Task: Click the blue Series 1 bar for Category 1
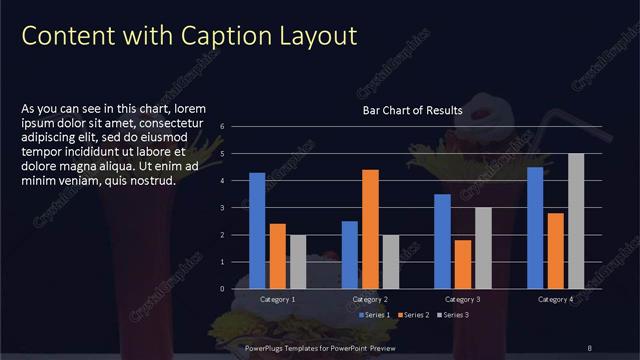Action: coord(257,230)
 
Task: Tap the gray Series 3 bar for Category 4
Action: coord(576,220)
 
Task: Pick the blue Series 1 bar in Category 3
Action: coord(442,241)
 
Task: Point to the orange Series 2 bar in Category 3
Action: coord(463,264)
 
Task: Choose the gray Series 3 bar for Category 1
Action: coord(298,261)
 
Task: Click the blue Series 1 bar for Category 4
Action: coord(535,227)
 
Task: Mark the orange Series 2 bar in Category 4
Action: coord(556,250)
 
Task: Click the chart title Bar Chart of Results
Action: coord(412,111)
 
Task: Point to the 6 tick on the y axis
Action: coord(236,126)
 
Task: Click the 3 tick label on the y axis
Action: coord(236,207)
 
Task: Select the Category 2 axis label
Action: coord(370,299)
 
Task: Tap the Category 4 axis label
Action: coord(556,299)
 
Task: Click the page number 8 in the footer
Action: coord(590,348)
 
